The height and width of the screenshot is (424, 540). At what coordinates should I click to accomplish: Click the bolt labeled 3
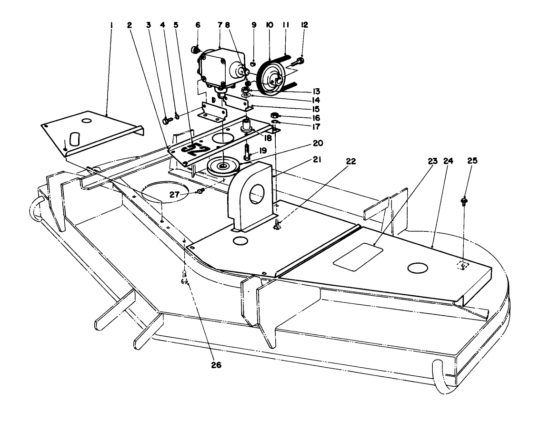point(166,122)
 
